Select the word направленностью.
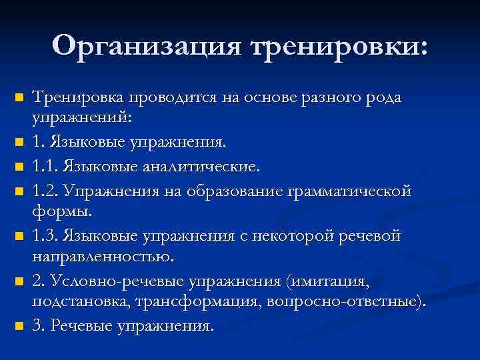[103, 257]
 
